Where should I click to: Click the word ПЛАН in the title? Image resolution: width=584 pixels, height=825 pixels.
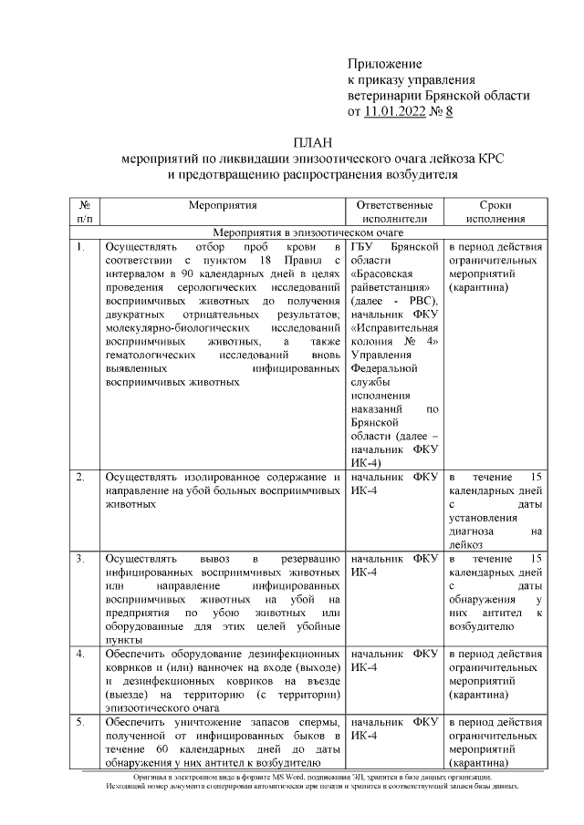pos(314,141)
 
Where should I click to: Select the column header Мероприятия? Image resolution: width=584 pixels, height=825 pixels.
pos(223,206)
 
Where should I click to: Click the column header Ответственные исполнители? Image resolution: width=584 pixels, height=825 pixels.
pos(394,212)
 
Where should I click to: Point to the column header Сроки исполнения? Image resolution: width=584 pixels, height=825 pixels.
pos(495,212)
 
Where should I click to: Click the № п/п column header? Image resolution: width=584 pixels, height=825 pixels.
pos(84,212)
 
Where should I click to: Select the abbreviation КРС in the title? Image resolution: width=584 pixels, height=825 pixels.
pos(493,158)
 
